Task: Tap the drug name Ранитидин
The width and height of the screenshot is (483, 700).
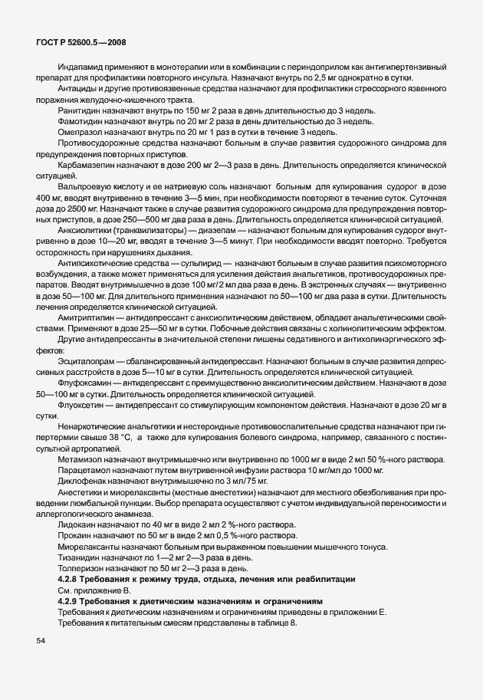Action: (77, 110)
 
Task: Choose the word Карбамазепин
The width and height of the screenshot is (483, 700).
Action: (85, 165)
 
